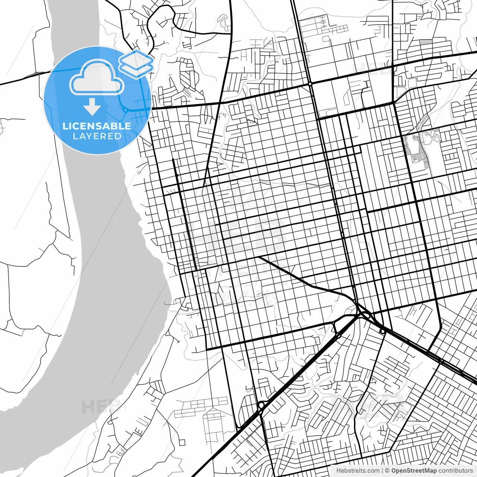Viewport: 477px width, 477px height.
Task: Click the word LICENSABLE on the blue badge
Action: (97, 126)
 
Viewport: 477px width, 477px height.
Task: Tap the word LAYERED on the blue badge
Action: (97, 136)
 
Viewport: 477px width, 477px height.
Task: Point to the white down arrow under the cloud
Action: (92, 107)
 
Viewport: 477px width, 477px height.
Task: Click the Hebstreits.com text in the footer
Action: (358, 471)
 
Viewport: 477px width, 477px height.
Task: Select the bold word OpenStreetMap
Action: (414, 471)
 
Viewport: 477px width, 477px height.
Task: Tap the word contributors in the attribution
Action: (455, 471)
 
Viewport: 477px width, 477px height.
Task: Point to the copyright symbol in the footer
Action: (387, 471)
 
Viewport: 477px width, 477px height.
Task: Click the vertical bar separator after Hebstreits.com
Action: (382, 471)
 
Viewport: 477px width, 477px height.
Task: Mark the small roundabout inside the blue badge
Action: (126, 110)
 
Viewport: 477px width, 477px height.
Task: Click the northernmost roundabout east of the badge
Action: (310, 84)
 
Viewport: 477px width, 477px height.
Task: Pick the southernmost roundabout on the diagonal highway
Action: (261, 405)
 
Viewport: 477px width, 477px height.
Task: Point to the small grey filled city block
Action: (425, 42)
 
